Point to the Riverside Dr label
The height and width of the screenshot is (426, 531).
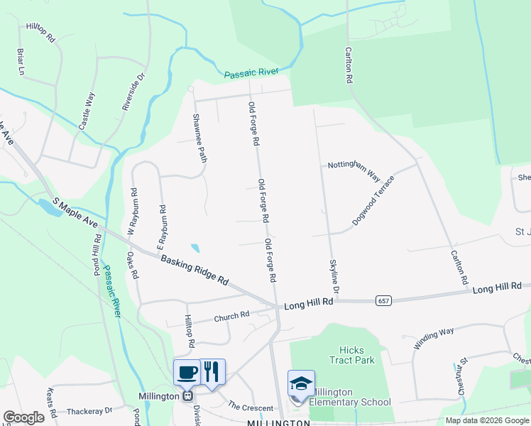point(133,91)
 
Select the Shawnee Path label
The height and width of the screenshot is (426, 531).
point(200,136)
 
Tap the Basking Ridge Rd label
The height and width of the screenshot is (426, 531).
point(194,271)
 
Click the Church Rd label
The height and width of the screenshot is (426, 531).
point(231,316)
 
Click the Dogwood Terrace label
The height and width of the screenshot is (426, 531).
point(373,201)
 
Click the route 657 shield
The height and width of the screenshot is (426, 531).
point(383,301)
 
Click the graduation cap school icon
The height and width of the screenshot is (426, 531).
point(301,384)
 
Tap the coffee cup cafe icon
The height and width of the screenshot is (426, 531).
point(187,371)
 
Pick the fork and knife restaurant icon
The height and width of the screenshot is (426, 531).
point(212,371)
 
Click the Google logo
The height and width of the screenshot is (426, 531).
point(24,417)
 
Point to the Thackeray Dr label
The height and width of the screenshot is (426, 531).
point(89,411)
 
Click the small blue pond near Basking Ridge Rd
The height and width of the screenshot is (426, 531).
point(195,248)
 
